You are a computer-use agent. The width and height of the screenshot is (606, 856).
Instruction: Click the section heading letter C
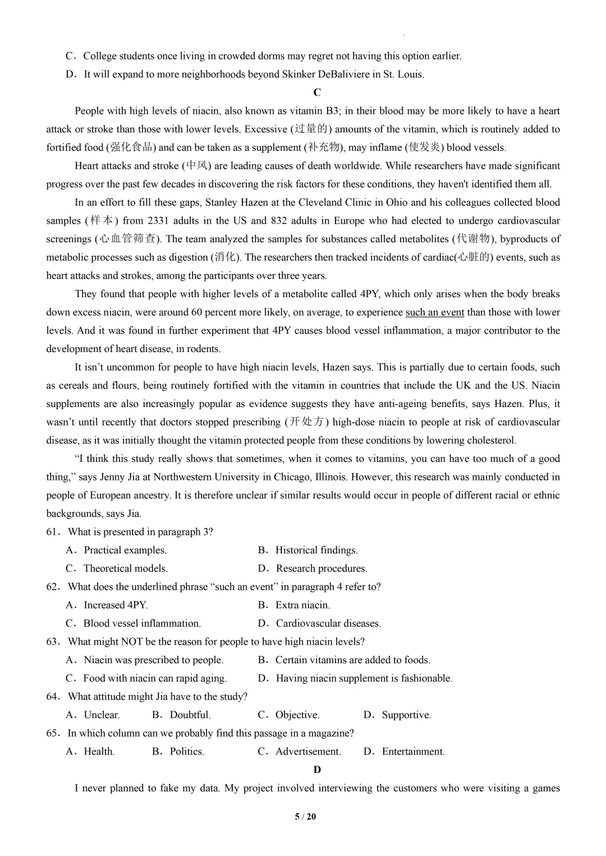pos(317,92)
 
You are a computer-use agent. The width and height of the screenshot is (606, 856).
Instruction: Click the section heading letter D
pos(317,770)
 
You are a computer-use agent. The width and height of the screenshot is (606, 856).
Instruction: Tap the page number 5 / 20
pos(305,816)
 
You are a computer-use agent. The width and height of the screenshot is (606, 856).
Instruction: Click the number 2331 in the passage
pos(158,220)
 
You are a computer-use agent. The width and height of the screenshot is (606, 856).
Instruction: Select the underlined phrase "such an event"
pos(435,312)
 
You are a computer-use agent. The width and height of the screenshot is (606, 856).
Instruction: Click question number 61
pos(53,532)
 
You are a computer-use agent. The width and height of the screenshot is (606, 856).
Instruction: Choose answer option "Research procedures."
pos(321,568)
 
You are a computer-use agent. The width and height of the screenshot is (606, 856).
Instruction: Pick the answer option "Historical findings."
pos(316,550)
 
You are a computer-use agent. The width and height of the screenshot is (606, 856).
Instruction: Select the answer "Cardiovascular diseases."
pos(328,623)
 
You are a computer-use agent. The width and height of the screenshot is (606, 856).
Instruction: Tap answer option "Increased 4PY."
pos(115,605)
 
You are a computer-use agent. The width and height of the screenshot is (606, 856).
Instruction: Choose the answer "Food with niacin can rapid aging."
pos(155,678)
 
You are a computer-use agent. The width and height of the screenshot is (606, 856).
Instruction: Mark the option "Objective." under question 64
pos(297,715)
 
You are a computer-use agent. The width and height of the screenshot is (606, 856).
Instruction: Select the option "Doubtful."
pos(190,715)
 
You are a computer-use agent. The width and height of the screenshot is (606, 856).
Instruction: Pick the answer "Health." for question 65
pos(99,751)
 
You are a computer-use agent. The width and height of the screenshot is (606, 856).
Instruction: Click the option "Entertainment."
pos(413,751)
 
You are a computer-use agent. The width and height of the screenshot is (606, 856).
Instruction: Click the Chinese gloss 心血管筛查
pos(127,239)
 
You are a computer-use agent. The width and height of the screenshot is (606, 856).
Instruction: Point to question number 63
pos(53,642)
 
